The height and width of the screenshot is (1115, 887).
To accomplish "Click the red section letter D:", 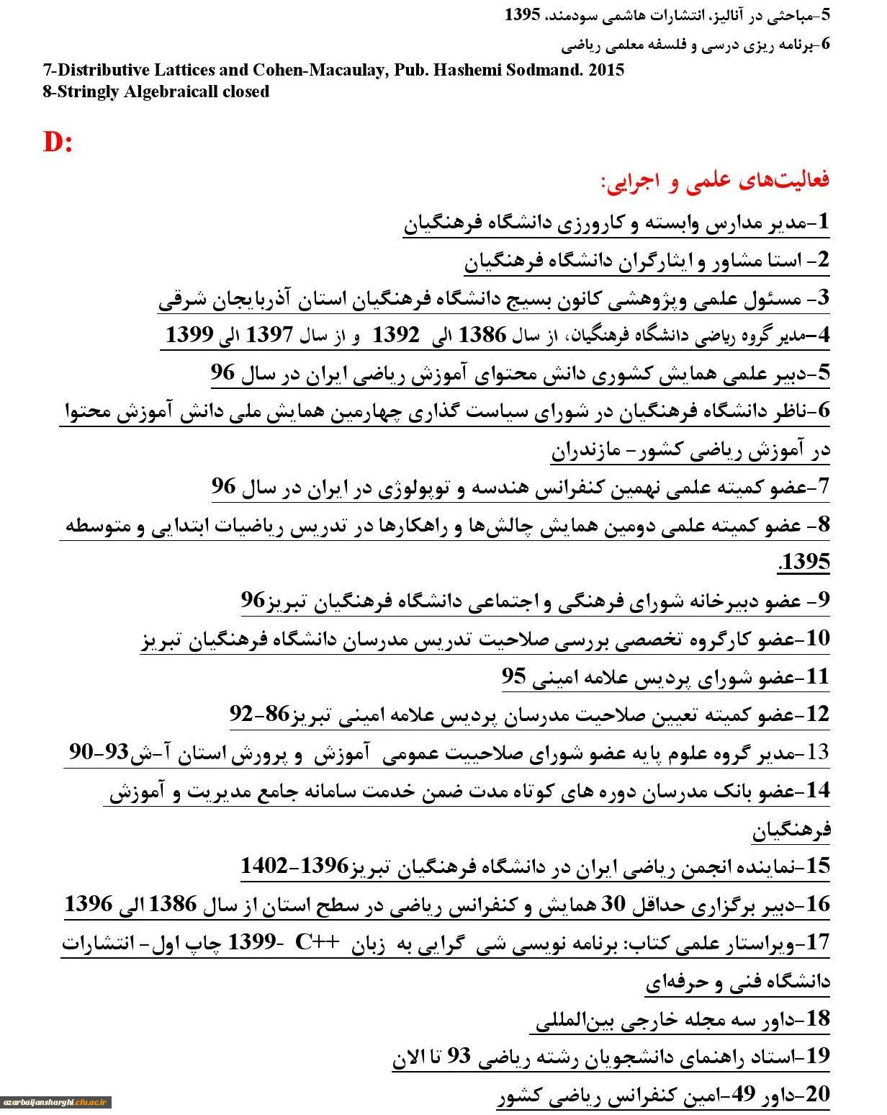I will [x=58, y=142].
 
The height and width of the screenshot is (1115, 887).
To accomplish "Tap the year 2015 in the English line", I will [x=605, y=71].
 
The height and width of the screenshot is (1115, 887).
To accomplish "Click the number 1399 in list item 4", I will [x=189, y=335].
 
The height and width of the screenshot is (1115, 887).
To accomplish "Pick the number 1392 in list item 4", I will [x=395, y=335].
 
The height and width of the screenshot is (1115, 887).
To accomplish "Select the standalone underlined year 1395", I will [x=804, y=563].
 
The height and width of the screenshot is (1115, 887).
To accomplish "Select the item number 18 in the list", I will [x=818, y=1018].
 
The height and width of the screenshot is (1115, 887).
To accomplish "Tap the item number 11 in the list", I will [x=818, y=677].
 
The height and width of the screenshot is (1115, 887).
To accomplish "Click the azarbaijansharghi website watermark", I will [x=55, y=1102].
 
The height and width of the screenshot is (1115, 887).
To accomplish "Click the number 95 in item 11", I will [x=514, y=677].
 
